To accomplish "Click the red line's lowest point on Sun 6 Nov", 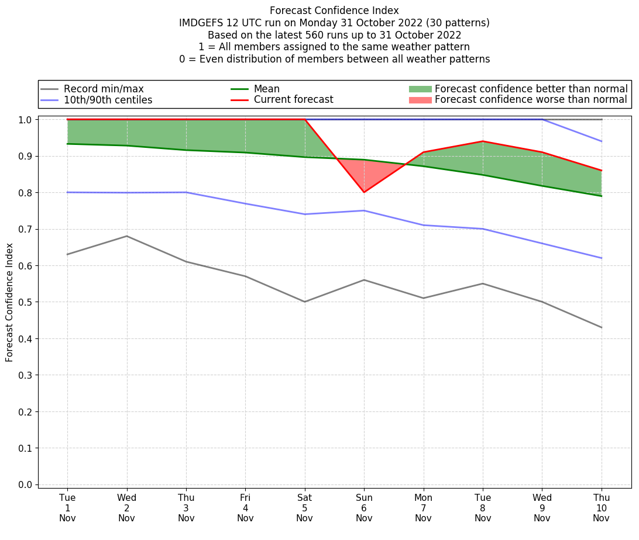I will coord(364,192).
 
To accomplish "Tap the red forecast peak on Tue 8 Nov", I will coord(483,141).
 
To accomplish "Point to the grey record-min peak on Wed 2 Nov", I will coord(127,236).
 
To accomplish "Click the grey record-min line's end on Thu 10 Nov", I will coord(602,327).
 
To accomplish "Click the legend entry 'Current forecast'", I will coord(293,100).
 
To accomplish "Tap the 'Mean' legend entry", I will coord(266,89).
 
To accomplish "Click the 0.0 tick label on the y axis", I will coord(26,484).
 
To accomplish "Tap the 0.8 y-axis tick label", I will coord(26,193).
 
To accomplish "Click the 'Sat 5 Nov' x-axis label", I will coord(305,508).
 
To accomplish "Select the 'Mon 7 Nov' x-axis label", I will coord(424,508).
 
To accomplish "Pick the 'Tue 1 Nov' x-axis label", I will coord(67,508).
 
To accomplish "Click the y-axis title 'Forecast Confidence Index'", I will coord(9,302).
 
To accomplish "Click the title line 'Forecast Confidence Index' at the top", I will coord(334,11).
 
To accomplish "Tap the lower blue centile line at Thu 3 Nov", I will coord(186,192).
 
